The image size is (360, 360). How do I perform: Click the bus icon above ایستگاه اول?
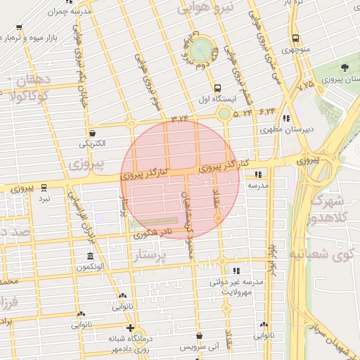click(217, 89)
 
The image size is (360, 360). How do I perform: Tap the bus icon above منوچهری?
click(295, 38)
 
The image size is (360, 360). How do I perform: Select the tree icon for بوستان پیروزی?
click(345, 68)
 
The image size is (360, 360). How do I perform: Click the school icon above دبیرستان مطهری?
click(285, 119)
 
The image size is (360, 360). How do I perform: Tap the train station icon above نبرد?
click(44, 188)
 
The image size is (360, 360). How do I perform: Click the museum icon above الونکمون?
click(89, 257)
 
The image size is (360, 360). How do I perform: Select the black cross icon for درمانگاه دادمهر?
click(129, 328)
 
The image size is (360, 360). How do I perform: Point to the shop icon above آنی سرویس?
click(200, 336)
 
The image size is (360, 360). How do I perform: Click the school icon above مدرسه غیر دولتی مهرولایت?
click(236, 270)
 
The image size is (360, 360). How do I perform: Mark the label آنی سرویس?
click(200, 347)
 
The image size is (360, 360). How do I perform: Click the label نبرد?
click(44, 200)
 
